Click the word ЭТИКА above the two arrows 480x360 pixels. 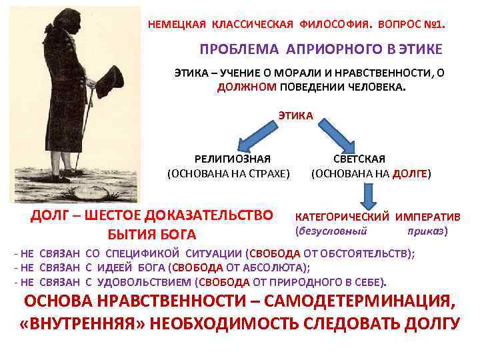[295, 116]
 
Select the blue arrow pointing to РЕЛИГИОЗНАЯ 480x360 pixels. [254, 140]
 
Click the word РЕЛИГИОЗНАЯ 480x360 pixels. [232, 159]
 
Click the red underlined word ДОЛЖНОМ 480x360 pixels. [243, 87]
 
